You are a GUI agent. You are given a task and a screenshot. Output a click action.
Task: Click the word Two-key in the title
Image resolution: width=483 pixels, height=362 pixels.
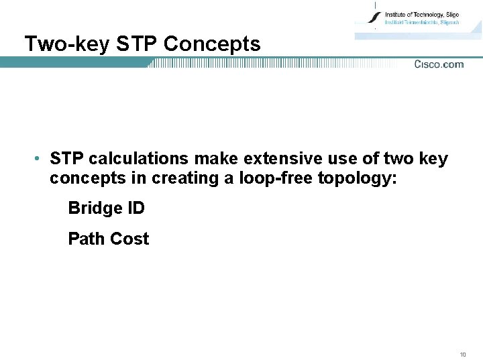[x=67, y=44]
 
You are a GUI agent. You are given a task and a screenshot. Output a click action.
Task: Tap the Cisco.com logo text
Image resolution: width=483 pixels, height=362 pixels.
[x=439, y=64]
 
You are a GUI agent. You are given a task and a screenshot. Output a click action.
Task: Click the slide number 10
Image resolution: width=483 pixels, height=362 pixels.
[x=463, y=354]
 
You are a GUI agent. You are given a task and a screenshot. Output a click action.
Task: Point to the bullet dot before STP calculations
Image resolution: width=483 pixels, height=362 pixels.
[x=39, y=160]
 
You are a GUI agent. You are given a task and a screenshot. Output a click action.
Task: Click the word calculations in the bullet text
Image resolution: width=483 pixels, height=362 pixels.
[x=139, y=160]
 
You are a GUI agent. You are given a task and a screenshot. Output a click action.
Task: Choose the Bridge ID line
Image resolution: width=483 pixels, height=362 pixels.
[x=106, y=208]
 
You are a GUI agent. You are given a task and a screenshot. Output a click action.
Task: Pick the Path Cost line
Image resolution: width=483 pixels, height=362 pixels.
[x=108, y=239]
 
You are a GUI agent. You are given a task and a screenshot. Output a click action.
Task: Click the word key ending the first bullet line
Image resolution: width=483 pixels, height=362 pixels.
[x=433, y=160]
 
